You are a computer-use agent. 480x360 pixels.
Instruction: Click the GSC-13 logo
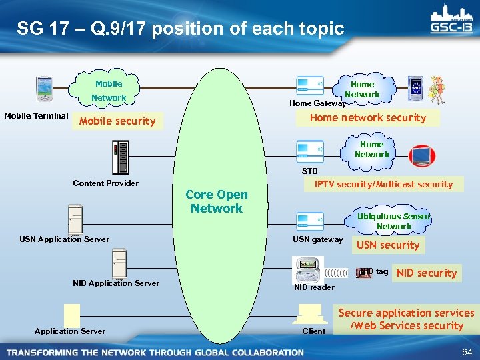click(450, 21)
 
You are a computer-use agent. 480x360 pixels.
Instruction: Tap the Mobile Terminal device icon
click(45, 89)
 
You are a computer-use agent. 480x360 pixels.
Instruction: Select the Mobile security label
click(117, 121)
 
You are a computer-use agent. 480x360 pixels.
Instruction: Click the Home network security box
click(368, 117)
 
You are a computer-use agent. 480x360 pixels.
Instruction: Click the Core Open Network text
click(216, 201)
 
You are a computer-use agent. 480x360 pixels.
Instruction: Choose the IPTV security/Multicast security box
click(383, 184)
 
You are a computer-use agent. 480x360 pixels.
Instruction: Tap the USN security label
click(388, 245)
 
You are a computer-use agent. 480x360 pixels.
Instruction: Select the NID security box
click(427, 273)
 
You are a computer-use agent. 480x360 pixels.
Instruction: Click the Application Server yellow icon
click(71, 314)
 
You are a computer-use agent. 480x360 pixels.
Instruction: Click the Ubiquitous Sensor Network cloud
click(393, 221)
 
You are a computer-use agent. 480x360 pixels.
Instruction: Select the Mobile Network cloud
click(109, 91)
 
